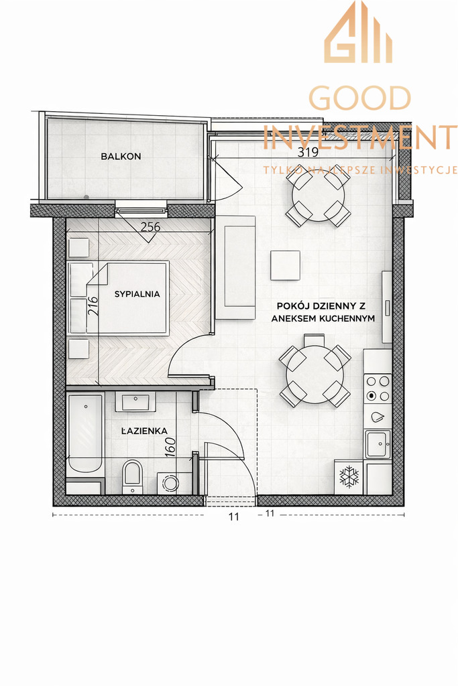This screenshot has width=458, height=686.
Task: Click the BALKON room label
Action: (121, 156)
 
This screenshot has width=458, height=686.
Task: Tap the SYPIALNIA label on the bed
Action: (137, 293)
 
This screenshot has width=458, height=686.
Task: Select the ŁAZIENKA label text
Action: (144, 431)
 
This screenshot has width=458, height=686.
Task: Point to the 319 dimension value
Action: (308, 152)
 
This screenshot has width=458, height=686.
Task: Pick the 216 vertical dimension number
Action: (93, 305)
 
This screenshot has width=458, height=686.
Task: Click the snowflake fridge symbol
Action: (349, 477)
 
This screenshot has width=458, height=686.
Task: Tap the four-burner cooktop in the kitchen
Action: (378, 388)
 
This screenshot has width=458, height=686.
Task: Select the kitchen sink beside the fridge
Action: (377, 443)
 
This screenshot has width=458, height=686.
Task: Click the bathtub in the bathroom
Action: (85, 433)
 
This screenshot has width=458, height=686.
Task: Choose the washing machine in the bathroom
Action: (171, 482)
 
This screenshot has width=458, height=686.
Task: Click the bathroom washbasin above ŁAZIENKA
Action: (135, 403)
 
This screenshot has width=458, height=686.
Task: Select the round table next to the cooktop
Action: (314, 375)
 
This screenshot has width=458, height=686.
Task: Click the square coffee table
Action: (285, 265)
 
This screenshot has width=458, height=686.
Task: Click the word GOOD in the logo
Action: (359, 98)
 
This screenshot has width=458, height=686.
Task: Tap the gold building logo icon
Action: (358, 33)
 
